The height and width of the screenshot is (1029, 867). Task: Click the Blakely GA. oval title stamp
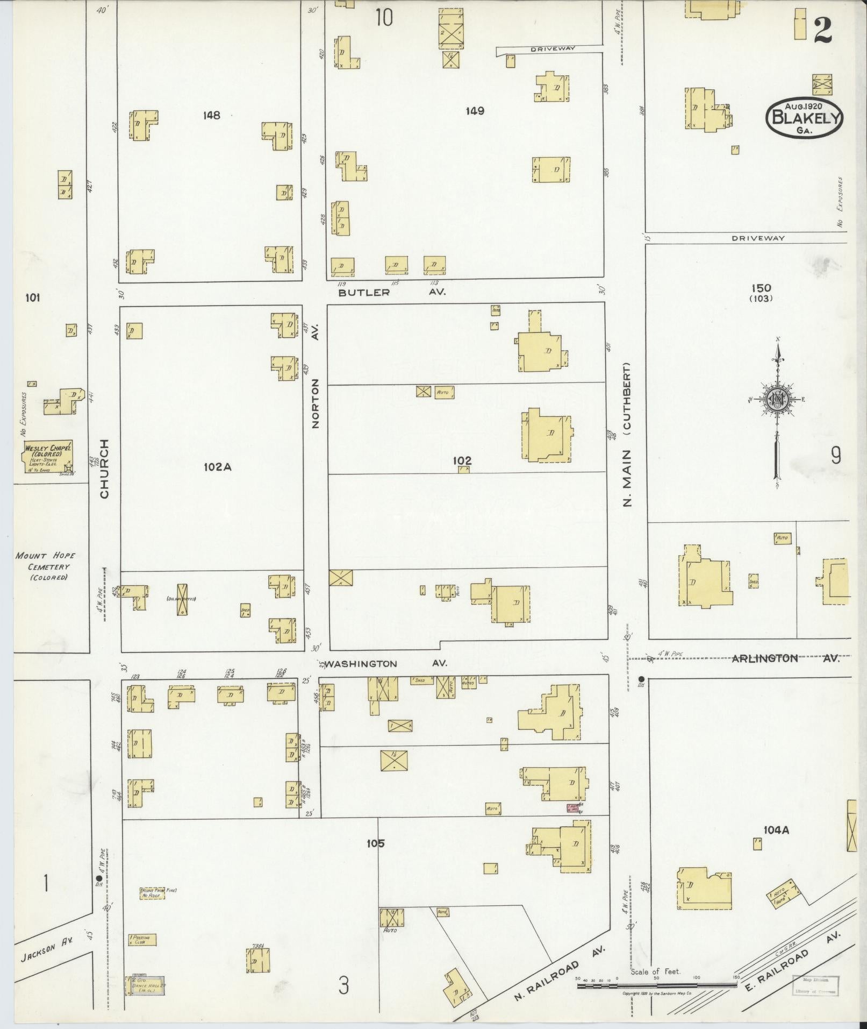pos(805,118)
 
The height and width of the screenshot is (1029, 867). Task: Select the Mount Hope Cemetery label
pos(45,566)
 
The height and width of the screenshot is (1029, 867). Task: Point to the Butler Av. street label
pos(391,293)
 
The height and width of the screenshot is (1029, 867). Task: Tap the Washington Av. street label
pos(386,664)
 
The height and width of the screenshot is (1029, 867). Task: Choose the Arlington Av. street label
pos(785,658)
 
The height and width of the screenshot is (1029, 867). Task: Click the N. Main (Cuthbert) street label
pos(627,435)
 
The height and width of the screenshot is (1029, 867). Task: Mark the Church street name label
pos(104,469)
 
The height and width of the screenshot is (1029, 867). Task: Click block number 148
pos(212,115)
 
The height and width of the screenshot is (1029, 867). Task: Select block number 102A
pos(217,467)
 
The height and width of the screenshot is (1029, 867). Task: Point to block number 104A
pos(776,845)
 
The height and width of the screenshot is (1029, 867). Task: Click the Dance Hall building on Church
pos(145,985)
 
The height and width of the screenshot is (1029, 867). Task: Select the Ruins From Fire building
pos(152,893)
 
